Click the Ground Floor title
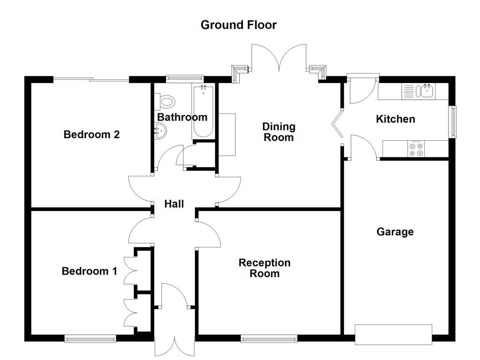239,25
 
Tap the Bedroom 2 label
91,135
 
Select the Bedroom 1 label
89,271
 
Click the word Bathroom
182,117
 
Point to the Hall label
173,204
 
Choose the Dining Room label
278,132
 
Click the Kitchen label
395,119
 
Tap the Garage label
395,232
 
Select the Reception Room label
264,268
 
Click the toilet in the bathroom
166,101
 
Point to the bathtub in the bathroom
203,112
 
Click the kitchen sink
427,90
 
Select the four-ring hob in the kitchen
416,149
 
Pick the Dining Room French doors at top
279,59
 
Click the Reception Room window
269,337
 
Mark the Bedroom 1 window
90,337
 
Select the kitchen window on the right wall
453,122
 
